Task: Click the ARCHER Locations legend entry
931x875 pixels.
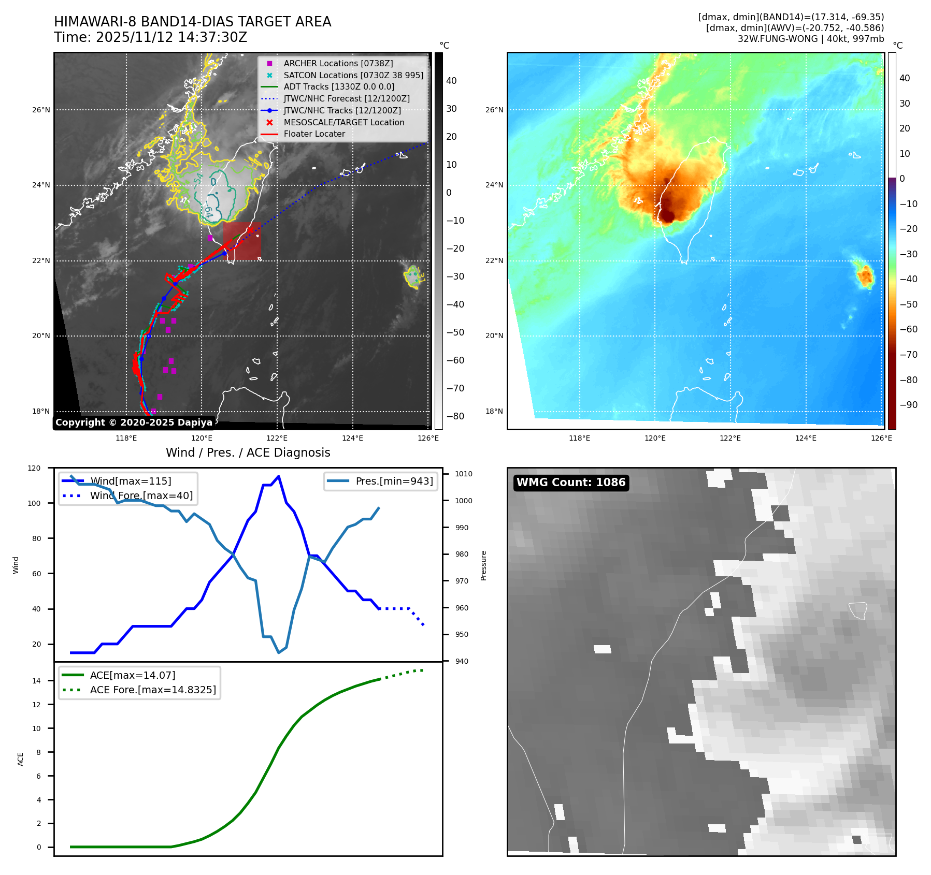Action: tap(338, 63)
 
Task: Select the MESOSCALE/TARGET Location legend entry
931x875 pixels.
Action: tap(343, 122)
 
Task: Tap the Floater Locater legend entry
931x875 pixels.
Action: tap(314, 134)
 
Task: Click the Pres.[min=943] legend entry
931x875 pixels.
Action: tap(394, 481)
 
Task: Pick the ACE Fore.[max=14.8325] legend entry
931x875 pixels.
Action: tap(153, 690)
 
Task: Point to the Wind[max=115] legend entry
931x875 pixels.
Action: tap(131, 481)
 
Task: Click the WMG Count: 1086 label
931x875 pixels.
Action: tap(571, 483)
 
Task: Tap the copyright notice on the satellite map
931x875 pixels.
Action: tap(134, 422)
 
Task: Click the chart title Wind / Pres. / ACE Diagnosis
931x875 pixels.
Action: tap(248, 453)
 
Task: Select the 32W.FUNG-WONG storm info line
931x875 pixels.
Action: tap(810, 39)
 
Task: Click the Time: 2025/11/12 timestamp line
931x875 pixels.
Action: tap(150, 37)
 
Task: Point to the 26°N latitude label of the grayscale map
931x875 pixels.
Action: tap(41, 110)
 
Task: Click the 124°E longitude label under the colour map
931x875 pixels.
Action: tap(806, 438)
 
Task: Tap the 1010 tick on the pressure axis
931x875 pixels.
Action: tap(464, 474)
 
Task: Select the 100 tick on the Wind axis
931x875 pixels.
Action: tap(36, 503)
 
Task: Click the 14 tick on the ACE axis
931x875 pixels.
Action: tap(36, 681)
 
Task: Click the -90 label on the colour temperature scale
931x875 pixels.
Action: tap(908, 405)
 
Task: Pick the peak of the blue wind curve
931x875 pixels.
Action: tap(279, 476)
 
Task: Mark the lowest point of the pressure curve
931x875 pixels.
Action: tap(279, 652)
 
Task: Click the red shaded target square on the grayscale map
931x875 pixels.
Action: tap(242, 241)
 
